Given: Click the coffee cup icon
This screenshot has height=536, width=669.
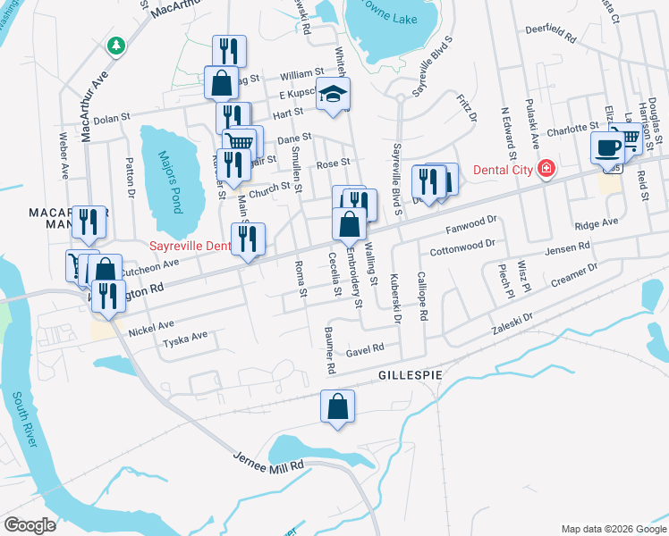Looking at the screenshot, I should coord(607,147).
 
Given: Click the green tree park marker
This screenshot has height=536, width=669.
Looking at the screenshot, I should coord(114,45).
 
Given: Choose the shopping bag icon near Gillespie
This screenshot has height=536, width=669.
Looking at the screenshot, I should coord(338,406).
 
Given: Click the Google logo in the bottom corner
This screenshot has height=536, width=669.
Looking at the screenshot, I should coord(30,525).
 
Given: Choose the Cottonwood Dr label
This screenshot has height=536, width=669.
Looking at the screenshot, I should coord(462,247).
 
